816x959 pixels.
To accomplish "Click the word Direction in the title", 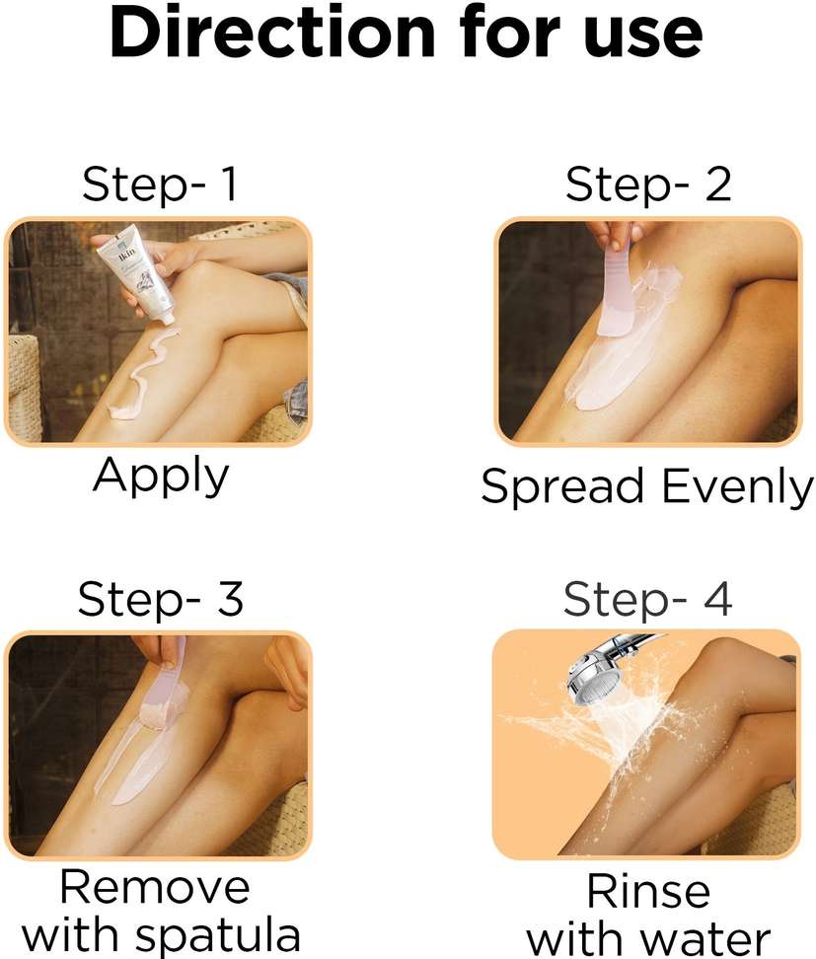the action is [272, 32].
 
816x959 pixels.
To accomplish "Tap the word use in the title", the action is [643, 37].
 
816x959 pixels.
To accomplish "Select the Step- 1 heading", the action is [160, 184].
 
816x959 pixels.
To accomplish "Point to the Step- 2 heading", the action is [648, 184].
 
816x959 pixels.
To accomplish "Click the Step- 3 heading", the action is [161, 599].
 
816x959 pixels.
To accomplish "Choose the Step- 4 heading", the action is [648, 600].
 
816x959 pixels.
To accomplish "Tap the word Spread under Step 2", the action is [562, 486].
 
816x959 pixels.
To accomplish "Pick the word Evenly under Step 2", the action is [738, 486].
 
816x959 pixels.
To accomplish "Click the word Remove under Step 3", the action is [155, 887].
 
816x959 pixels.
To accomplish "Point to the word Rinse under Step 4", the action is [648, 891].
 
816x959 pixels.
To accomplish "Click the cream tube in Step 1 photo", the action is [142, 272].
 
